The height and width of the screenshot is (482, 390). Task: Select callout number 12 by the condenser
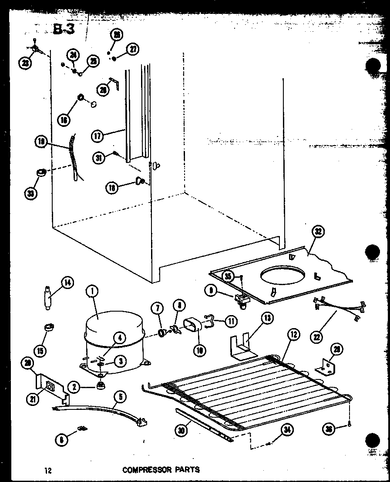coord(293,335)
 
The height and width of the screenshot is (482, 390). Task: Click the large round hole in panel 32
coord(282,276)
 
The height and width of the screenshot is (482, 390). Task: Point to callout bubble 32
coord(319,232)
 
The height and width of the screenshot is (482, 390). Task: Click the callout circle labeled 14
coord(67,283)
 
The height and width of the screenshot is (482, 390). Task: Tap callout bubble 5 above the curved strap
coord(119,396)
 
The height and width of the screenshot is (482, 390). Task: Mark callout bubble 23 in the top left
coord(26,63)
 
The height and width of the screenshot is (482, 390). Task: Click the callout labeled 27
coord(133,49)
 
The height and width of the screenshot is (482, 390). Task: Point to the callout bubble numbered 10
coord(200,349)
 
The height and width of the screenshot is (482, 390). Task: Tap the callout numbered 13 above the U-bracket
coord(267,319)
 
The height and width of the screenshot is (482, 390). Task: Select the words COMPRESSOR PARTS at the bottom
coord(161,469)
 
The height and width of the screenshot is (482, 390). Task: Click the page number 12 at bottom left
coord(47,470)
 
